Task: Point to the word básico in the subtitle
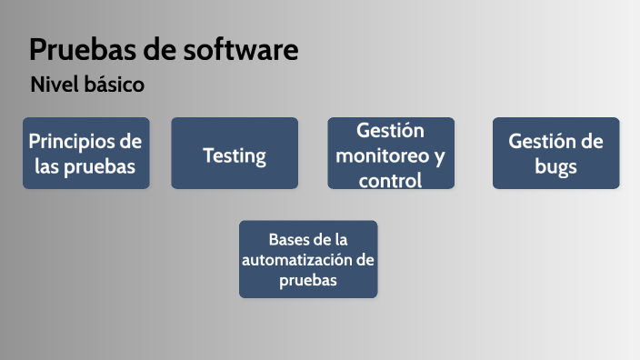tap(116, 85)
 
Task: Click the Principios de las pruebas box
tap(85, 153)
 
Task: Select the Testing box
tap(235, 153)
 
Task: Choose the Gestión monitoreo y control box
tap(391, 153)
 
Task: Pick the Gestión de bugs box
tap(555, 153)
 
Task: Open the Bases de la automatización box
tap(308, 259)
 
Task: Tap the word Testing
tap(235, 155)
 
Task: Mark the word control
tap(391, 180)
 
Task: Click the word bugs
tap(555, 167)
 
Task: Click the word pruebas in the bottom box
tap(308, 281)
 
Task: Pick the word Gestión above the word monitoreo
tap(391, 130)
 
